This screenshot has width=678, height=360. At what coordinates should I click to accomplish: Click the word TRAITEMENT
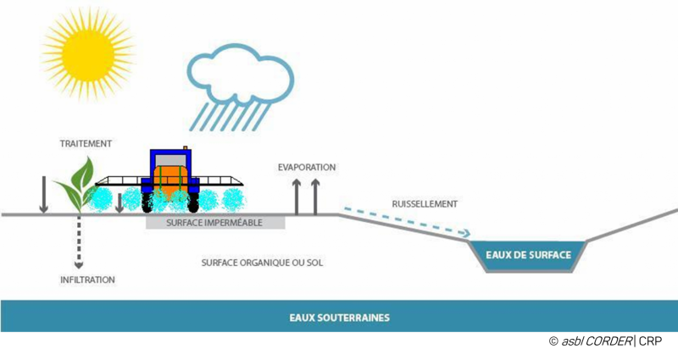(86, 144)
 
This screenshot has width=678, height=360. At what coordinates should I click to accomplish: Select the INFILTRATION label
(87, 280)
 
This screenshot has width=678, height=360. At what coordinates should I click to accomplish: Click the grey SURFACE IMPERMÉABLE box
(214, 223)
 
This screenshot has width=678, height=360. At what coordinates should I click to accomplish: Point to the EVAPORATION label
(307, 168)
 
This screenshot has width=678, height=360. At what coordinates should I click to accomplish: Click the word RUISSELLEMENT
(425, 204)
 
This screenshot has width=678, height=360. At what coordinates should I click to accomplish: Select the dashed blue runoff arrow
(407, 222)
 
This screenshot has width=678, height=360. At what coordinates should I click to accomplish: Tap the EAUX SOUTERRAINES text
(339, 318)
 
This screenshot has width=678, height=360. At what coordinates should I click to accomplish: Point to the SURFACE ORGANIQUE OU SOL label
(262, 263)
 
